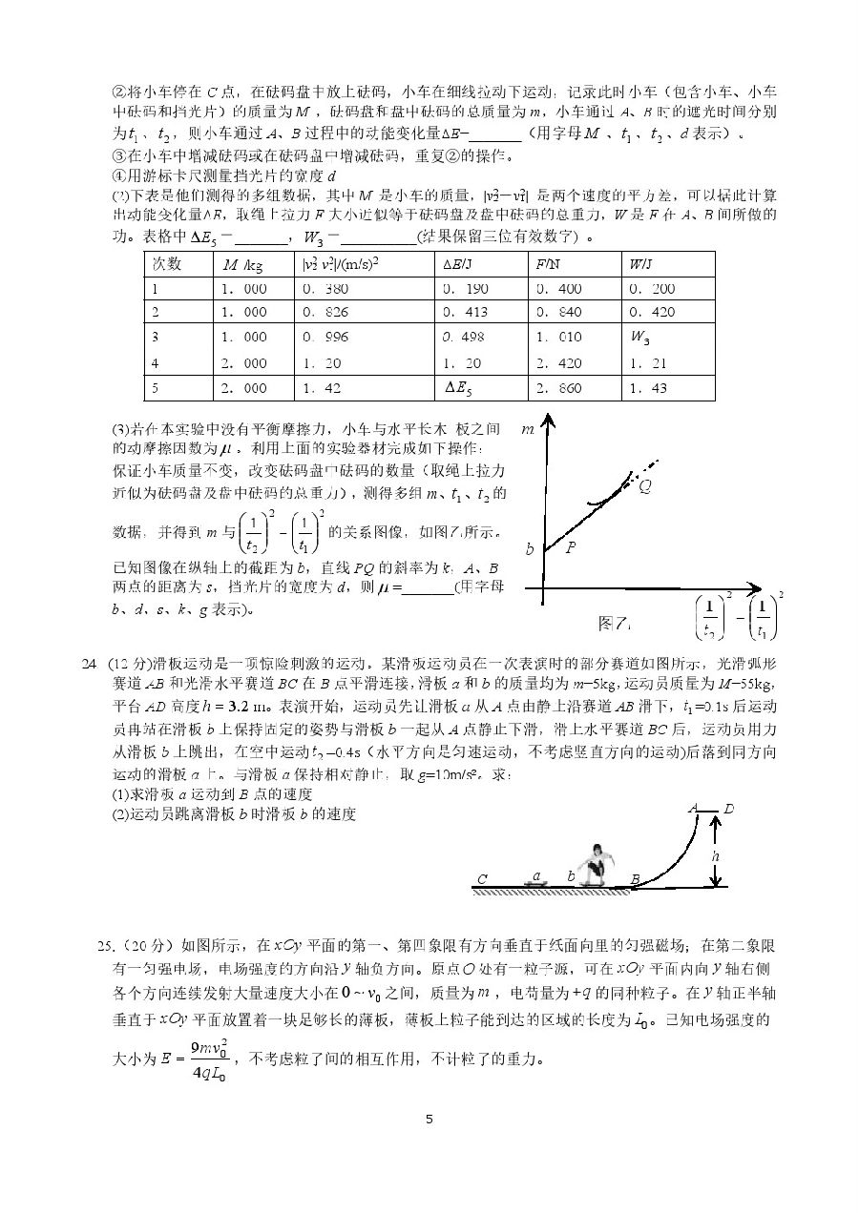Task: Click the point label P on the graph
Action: [x=571, y=547]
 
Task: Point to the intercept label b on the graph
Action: [x=530, y=550]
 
